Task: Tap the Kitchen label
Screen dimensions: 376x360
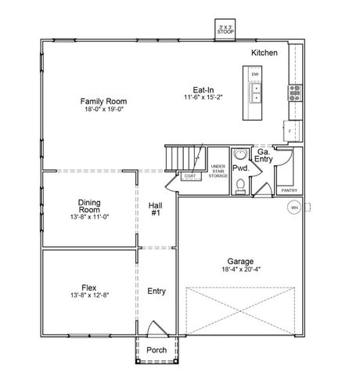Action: tap(264, 52)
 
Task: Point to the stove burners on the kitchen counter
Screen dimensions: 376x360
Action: tap(295, 94)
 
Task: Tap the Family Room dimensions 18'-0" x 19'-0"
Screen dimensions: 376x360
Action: tap(104, 110)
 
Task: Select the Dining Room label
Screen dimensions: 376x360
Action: tap(88, 205)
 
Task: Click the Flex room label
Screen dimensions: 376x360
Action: tap(88, 287)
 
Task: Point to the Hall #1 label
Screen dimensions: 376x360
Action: tap(155, 208)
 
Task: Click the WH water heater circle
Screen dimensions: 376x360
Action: tap(294, 208)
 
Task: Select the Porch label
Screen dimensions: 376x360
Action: tap(157, 350)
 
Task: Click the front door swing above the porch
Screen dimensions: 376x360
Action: tap(157, 329)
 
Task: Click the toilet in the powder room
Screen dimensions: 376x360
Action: tap(243, 185)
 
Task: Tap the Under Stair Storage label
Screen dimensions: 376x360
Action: tap(218, 172)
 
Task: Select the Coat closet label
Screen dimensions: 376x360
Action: tap(189, 176)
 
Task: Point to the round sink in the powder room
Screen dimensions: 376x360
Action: tap(242, 154)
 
